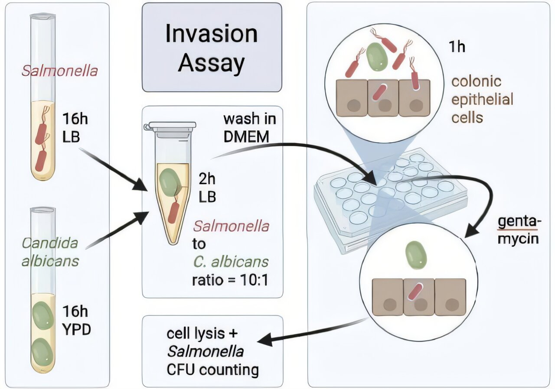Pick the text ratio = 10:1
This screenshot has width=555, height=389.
pyautogui.click(x=230, y=280)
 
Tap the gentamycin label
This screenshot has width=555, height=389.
pyautogui.click(x=518, y=230)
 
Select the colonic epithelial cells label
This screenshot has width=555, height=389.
pyautogui.click(x=482, y=99)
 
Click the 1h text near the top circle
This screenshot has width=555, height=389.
pyautogui.click(x=456, y=46)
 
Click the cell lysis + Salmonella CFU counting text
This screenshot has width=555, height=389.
pyautogui.click(x=212, y=352)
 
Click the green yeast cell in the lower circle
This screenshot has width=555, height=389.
pyautogui.click(x=416, y=256)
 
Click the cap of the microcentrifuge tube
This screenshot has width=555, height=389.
pyautogui.click(x=170, y=126)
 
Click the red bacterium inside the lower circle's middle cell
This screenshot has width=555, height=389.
pyautogui.click(x=417, y=292)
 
